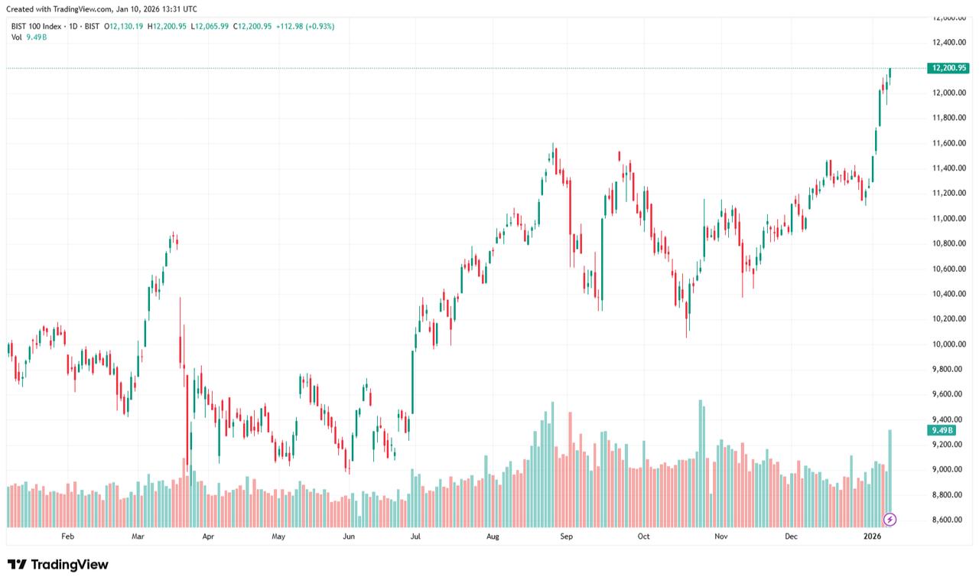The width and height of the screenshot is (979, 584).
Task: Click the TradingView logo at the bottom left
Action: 58,565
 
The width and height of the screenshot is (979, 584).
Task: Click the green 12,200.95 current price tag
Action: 948,68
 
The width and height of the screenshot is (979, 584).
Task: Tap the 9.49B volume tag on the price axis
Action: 942,431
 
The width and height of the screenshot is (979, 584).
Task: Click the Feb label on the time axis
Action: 67,537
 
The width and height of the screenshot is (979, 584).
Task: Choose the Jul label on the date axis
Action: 416,537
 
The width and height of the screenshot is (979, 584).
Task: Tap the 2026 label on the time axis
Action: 873,537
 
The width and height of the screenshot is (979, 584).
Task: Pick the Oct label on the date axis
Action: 643,537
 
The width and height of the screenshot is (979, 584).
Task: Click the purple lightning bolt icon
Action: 890,520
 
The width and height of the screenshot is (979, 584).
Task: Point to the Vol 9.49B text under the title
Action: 29,37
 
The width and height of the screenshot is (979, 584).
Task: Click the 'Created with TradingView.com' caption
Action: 101,9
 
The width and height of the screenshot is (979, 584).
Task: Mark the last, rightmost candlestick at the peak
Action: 890,73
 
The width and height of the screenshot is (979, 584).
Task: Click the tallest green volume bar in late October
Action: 700,463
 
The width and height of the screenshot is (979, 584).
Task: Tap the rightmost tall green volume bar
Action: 890,475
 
